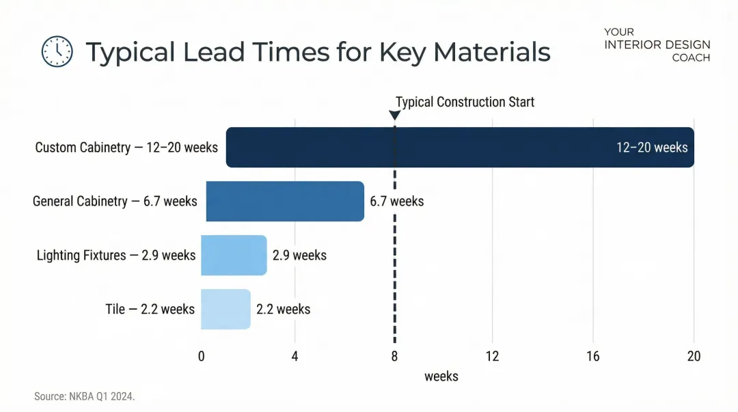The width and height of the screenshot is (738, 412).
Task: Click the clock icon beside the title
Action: click(57, 51)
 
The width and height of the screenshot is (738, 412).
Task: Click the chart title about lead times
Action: click(318, 52)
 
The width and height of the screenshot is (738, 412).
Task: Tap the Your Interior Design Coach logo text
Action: click(657, 45)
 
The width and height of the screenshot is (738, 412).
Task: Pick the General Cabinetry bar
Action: click(285, 201)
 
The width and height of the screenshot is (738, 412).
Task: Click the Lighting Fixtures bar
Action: click(234, 256)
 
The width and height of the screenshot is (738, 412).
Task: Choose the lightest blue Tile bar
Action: click(225, 310)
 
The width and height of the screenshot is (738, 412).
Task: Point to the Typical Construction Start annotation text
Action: click(465, 102)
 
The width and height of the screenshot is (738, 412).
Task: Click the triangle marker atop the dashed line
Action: click(394, 115)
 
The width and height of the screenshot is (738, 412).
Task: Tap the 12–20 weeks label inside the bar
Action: click(652, 147)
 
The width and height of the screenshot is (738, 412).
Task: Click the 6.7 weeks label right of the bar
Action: click(397, 201)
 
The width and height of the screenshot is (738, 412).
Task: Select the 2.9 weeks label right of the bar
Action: click(299, 256)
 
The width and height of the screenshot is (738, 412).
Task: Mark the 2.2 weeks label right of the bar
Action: click(283, 310)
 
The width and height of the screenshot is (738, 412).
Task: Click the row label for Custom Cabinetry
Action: click(126, 147)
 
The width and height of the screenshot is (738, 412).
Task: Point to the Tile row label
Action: click(150, 310)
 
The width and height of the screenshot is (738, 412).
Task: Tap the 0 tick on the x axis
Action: click(202, 356)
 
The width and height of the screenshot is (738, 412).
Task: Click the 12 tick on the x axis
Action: click(492, 356)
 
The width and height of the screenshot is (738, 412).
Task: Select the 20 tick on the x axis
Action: click(694, 356)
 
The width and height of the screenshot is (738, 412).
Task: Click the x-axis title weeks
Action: click(441, 376)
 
